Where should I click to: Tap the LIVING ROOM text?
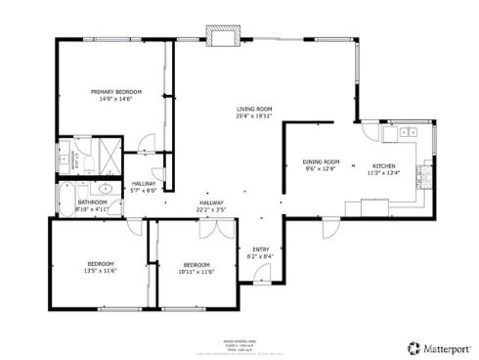point(253,109)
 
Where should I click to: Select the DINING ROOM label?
point(320,161)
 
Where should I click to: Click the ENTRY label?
point(261,248)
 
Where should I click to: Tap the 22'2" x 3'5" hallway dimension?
point(211,209)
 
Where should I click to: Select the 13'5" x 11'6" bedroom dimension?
point(101,271)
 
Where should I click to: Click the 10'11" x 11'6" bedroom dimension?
point(196,271)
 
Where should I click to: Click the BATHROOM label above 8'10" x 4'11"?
point(92,202)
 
